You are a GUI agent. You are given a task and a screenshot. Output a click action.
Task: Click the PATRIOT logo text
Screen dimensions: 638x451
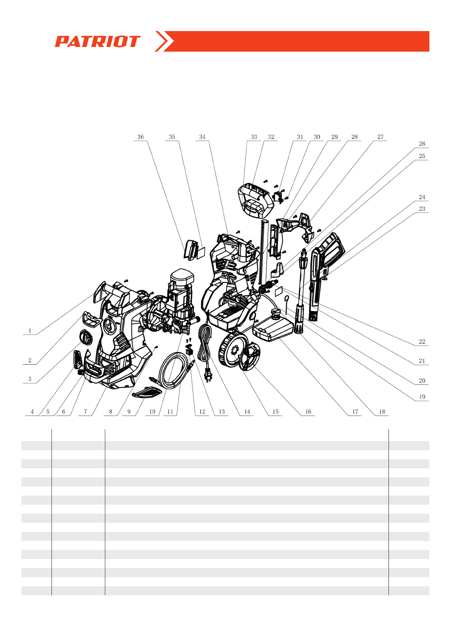tap(98, 42)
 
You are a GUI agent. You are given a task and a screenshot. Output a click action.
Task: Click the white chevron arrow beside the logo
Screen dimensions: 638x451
tap(164, 41)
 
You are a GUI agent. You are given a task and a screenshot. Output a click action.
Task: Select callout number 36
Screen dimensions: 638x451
tap(140, 137)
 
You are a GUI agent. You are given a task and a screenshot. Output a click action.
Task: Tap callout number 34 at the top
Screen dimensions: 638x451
tap(202, 137)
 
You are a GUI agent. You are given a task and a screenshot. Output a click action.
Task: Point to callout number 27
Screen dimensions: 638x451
tap(380, 137)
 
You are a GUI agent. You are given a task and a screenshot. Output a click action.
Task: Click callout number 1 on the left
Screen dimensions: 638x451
tap(30, 331)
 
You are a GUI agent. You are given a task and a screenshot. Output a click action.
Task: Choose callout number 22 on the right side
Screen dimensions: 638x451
tap(422, 342)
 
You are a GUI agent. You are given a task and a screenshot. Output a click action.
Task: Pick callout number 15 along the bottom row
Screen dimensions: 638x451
tap(275, 412)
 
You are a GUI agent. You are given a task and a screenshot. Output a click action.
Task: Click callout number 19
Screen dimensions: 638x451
tap(422, 397)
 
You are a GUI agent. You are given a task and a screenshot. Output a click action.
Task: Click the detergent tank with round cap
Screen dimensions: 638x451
tap(273, 328)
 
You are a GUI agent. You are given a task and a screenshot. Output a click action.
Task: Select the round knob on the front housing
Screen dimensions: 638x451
tap(86, 336)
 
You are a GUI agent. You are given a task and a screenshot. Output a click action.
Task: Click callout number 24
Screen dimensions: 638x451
tap(422, 197)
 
